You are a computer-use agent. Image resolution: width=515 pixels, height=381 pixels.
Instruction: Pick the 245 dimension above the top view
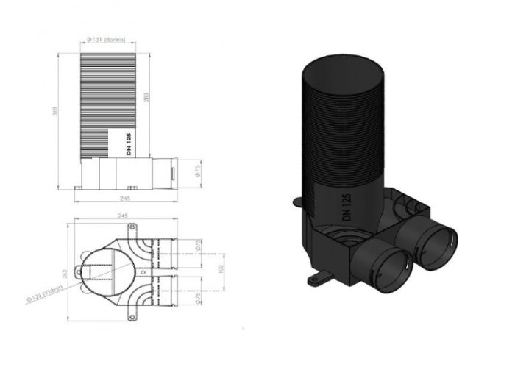[x=123, y=216]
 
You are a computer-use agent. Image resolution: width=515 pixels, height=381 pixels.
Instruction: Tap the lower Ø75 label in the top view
[x=198, y=298]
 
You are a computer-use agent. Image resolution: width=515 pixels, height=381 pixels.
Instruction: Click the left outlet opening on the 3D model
[x=388, y=264]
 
